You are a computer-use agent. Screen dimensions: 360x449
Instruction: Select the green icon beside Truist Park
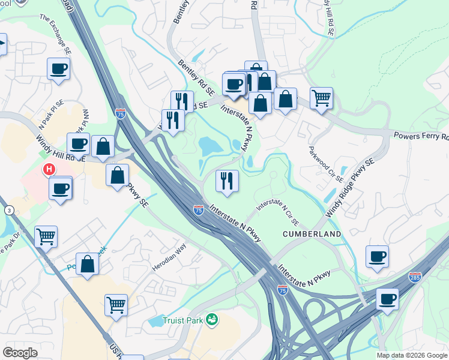(x=211, y=320)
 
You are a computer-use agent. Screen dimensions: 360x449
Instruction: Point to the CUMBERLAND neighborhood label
(x=313, y=234)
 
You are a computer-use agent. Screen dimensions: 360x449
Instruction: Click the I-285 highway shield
(x=415, y=277)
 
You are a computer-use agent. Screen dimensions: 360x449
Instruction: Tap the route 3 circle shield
(x=8, y=210)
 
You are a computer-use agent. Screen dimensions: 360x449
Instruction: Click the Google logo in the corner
(x=20, y=353)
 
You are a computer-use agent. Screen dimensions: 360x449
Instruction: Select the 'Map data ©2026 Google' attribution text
(x=412, y=355)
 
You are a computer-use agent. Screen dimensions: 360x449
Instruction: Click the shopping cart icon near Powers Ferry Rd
(x=322, y=98)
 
